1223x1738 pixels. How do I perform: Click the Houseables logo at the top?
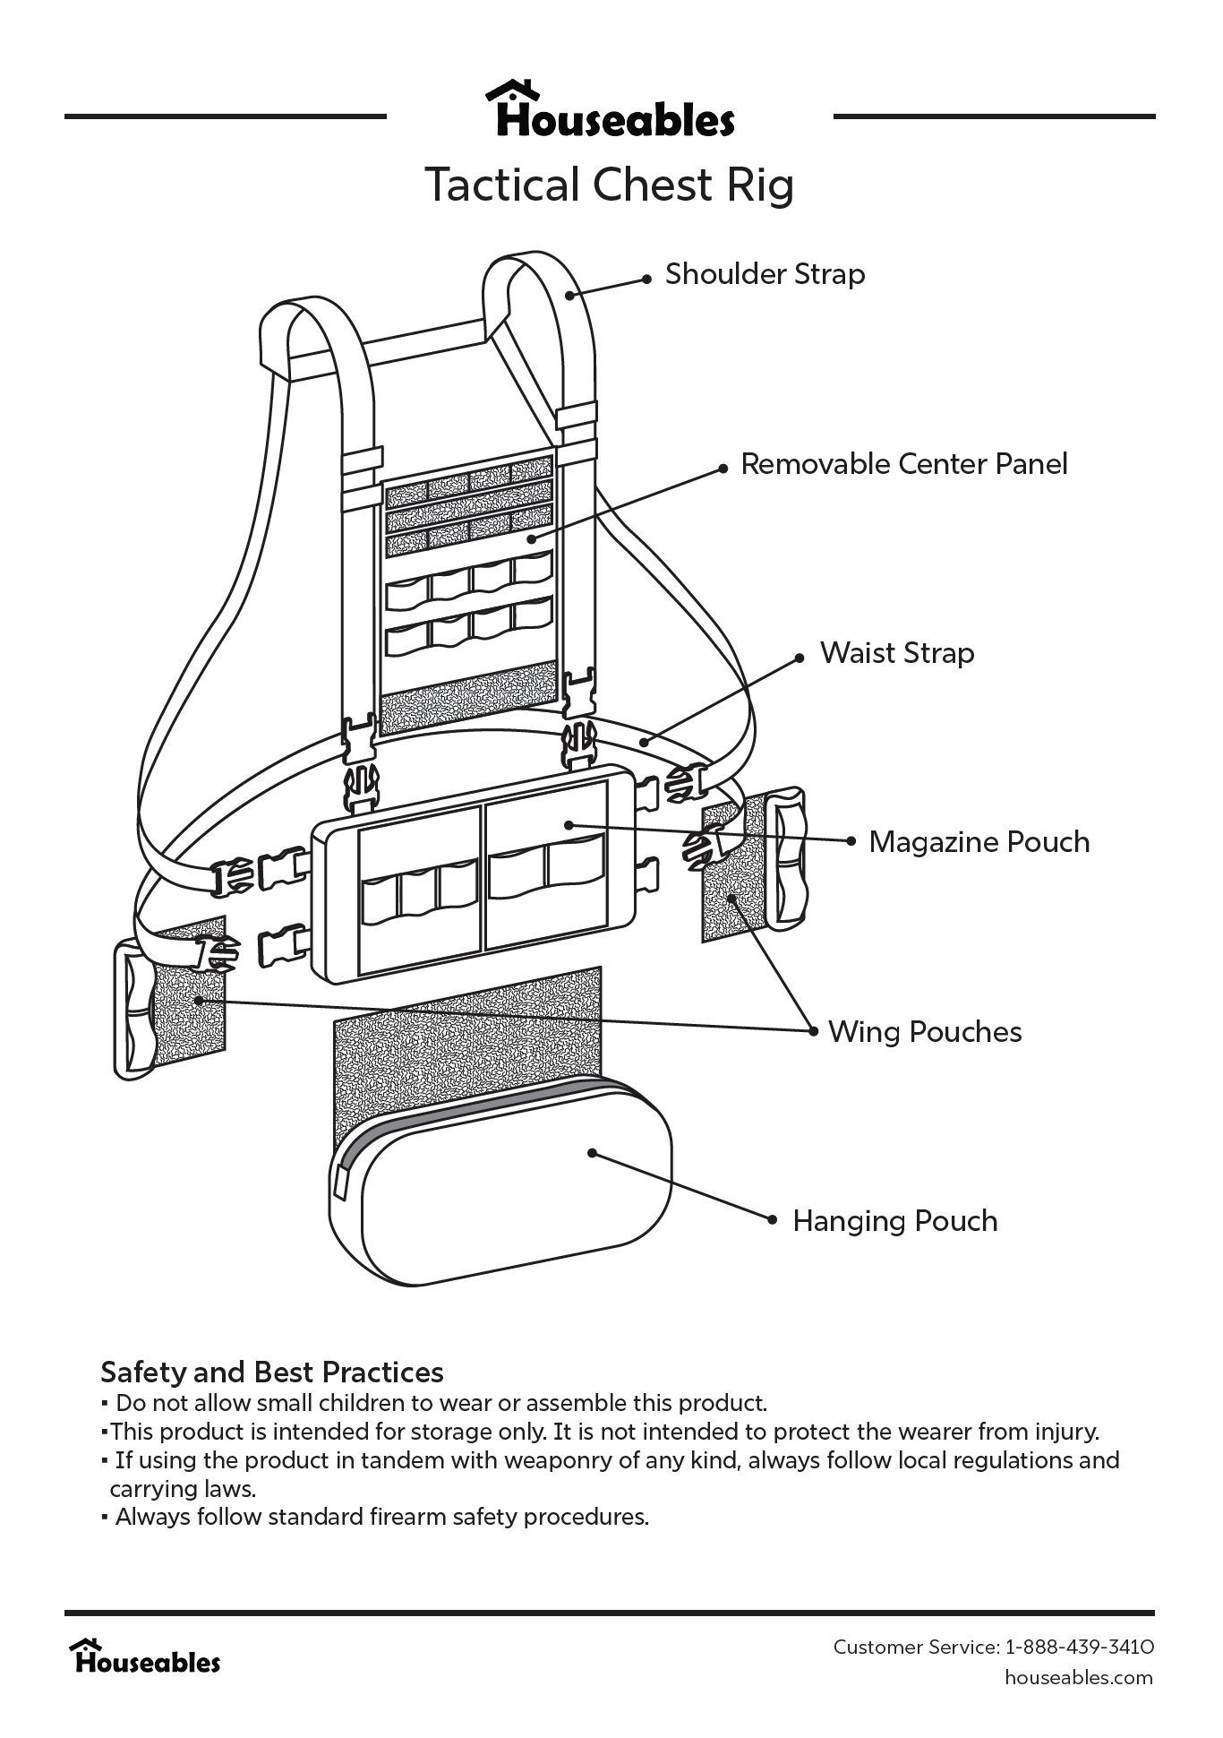point(611,111)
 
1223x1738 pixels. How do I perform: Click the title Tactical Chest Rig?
point(610,185)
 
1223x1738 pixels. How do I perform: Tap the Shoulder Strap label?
point(765,274)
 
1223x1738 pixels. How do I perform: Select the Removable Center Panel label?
point(903,464)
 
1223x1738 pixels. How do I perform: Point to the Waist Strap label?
point(896,653)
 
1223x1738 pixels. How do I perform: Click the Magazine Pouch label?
point(979,842)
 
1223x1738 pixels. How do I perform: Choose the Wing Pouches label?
point(924,1032)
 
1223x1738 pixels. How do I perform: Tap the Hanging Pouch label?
point(894,1221)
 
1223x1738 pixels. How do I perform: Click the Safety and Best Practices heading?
point(272,1372)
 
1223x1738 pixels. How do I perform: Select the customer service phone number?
point(1080,1647)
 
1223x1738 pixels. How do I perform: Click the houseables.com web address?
point(1078,1677)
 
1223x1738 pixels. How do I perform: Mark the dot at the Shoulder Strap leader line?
point(647,280)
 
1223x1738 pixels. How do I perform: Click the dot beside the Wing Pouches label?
point(813,1032)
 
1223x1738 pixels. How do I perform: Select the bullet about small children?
point(441,1403)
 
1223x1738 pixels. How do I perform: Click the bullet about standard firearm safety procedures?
point(381,1517)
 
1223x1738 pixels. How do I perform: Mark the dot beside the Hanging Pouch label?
point(773,1219)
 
